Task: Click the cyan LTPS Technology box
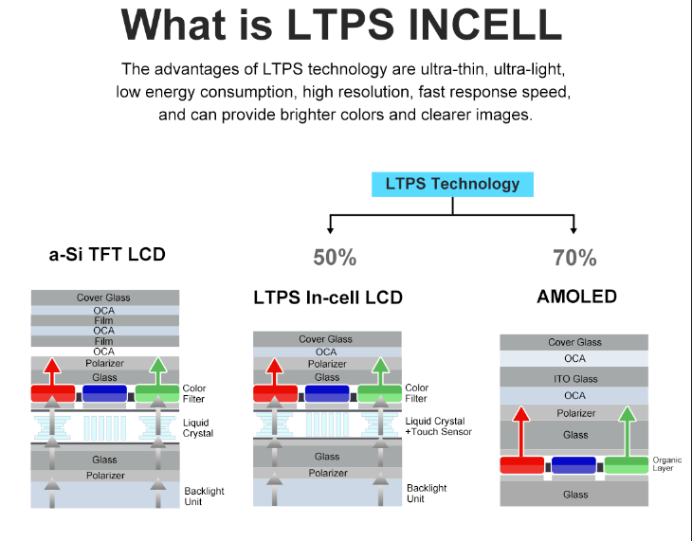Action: [x=452, y=184]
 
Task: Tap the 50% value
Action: [x=335, y=257]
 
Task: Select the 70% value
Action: [x=574, y=257]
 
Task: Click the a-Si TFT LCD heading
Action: [x=107, y=254]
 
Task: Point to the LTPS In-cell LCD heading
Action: [x=328, y=298]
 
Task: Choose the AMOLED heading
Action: [x=576, y=297]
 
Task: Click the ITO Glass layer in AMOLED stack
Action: [x=574, y=378]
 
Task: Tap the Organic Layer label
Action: [x=666, y=464]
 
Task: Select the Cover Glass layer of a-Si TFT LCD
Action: [x=103, y=298]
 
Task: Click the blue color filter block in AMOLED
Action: [x=574, y=464]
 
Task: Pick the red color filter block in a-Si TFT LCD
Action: [x=53, y=392]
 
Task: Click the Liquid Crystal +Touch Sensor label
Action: [x=438, y=426]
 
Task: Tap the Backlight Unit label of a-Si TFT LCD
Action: [x=205, y=496]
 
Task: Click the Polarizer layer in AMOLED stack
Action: [x=574, y=413]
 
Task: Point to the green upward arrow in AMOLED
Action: [x=627, y=431]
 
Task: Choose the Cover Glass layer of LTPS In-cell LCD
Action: [x=325, y=339]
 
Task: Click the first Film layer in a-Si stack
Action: [x=103, y=320]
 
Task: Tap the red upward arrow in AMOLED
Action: [x=520, y=431]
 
